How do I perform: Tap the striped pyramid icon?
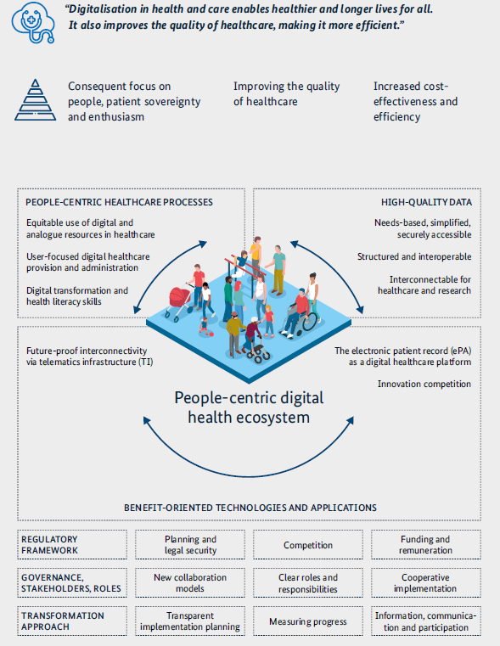pyautogui.click(x=36, y=100)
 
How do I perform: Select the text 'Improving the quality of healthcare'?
pyautogui.click(x=287, y=93)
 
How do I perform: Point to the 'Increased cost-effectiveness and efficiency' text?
pyautogui.click(x=415, y=101)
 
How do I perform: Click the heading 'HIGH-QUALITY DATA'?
pyautogui.click(x=426, y=202)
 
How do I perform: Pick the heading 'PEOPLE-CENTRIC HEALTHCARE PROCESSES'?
pyautogui.click(x=119, y=202)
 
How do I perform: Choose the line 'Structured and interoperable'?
pyautogui.click(x=414, y=256)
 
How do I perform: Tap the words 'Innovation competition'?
pyautogui.click(x=424, y=384)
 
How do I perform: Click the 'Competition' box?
pyautogui.click(x=308, y=545)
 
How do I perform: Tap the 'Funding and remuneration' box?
pyautogui.click(x=426, y=545)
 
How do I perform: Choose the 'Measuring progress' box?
pyautogui.click(x=308, y=621)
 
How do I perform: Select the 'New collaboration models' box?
pyautogui.click(x=190, y=583)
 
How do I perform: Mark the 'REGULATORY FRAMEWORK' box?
pyautogui.click(x=72, y=545)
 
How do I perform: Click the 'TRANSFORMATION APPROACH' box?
pyautogui.click(x=72, y=621)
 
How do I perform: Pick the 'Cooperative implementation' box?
pyautogui.click(x=426, y=583)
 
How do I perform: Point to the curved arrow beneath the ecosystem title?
pyautogui.click(x=249, y=476)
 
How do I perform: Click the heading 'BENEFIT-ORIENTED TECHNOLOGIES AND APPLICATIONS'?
pyautogui.click(x=250, y=508)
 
